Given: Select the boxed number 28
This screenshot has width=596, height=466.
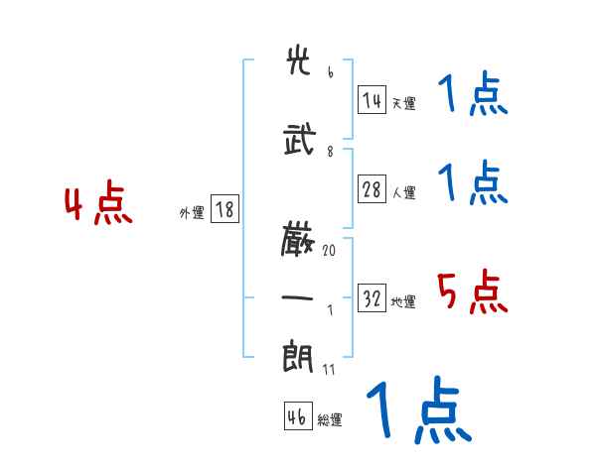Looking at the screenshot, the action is point(372,190).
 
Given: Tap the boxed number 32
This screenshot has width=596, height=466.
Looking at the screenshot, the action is point(372,299).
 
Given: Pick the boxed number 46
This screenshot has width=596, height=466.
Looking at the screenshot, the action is point(297,417).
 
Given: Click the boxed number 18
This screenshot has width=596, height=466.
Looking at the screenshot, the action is point(223,209).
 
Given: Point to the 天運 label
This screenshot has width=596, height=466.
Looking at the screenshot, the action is point(403,103).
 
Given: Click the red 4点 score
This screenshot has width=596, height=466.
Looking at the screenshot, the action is point(97,205).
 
